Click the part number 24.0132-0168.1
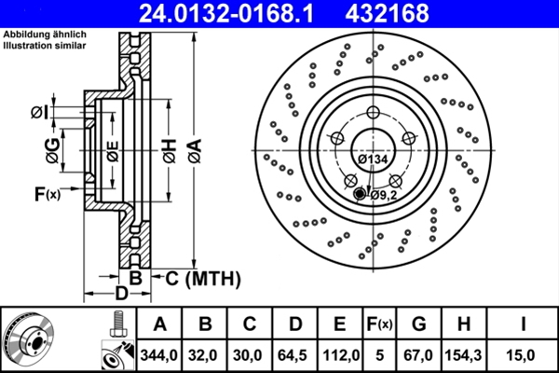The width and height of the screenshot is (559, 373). click(241, 13)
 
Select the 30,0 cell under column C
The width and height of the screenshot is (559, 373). click(251, 354)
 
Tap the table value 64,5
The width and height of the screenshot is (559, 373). click(295, 354)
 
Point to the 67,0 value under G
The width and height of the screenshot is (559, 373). click(418, 354)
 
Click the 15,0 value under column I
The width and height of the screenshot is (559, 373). click(525, 354)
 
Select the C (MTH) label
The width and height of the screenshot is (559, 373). click(203, 278)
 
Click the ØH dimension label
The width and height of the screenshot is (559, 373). click(170, 149)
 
